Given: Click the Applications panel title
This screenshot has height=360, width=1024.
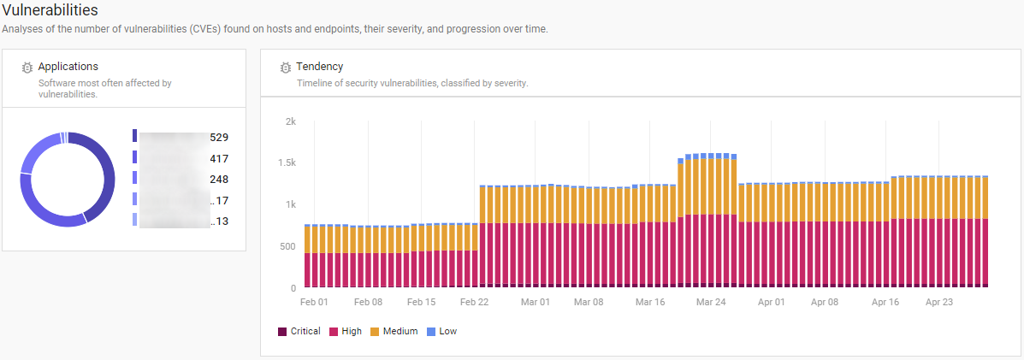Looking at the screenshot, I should (68, 67).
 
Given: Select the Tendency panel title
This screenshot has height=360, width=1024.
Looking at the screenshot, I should (319, 67).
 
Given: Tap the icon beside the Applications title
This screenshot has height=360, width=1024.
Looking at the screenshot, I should (27, 68).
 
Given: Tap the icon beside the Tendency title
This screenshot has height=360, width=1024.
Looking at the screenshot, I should (285, 68).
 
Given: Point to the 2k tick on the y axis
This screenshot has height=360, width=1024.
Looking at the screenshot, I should (290, 121).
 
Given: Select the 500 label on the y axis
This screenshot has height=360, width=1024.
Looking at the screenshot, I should (287, 247).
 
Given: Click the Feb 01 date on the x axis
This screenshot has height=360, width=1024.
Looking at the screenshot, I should (314, 302).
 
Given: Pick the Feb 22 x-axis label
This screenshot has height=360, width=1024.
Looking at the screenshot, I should (474, 302).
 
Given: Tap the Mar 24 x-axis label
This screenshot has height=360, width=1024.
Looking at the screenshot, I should (711, 302).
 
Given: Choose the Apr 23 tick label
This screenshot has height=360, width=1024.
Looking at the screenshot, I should (939, 302).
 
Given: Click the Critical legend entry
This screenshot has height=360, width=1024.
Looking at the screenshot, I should (299, 331).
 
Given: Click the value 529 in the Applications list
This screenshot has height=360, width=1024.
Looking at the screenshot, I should (219, 137).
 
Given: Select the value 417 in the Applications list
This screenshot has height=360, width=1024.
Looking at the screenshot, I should (219, 158).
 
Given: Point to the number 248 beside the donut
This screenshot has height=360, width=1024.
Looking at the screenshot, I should (219, 180).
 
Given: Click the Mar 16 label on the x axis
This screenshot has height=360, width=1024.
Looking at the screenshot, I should (650, 302).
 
